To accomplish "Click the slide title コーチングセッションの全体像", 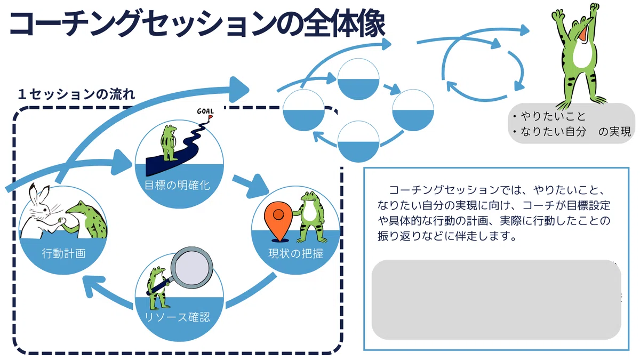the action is tap(197, 24).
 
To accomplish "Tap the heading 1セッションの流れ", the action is tap(76, 94).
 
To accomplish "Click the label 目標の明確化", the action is tap(178, 185).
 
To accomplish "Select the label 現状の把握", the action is tap(295, 253).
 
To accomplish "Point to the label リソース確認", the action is tap(178, 317).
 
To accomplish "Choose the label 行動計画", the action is tap(63, 253).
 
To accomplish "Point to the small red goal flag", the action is tap(210, 117).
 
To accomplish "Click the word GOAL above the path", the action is tap(205, 111).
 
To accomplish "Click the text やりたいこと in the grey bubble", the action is tap(553, 116).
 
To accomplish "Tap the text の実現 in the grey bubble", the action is tap(614, 132).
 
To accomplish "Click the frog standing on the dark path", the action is tap(169, 143).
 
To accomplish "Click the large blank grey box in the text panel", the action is tap(497, 300).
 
